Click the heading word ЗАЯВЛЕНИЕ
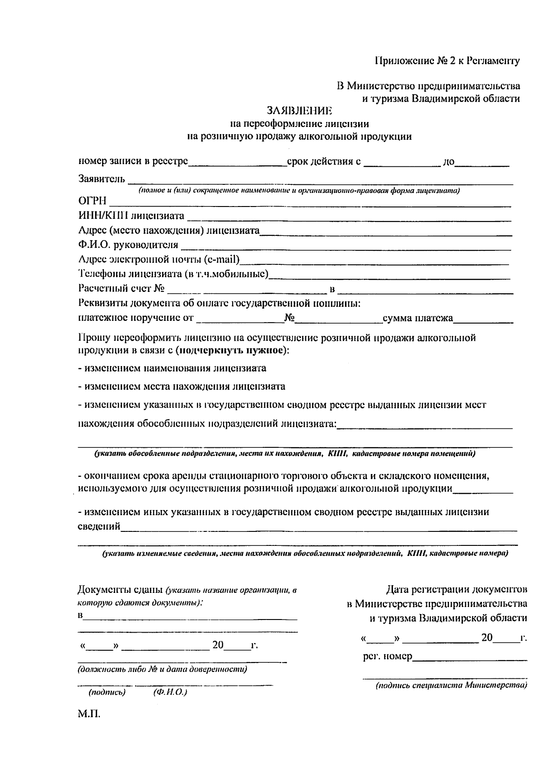pyautogui.click(x=299, y=111)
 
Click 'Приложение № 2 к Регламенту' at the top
pyautogui.click(x=447, y=61)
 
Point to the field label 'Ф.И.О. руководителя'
pyautogui.click(x=128, y=245)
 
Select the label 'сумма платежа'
pyautogui.click(x=418, y=319)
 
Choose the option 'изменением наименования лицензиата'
pyautogui.click(x=172, y=368)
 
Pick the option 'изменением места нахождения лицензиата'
pyautogui.click(x=182, y=387)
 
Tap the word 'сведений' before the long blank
pyautogui.click(x=99, y=526)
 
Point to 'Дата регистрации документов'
pyautogui.click(x=457, y=590)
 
